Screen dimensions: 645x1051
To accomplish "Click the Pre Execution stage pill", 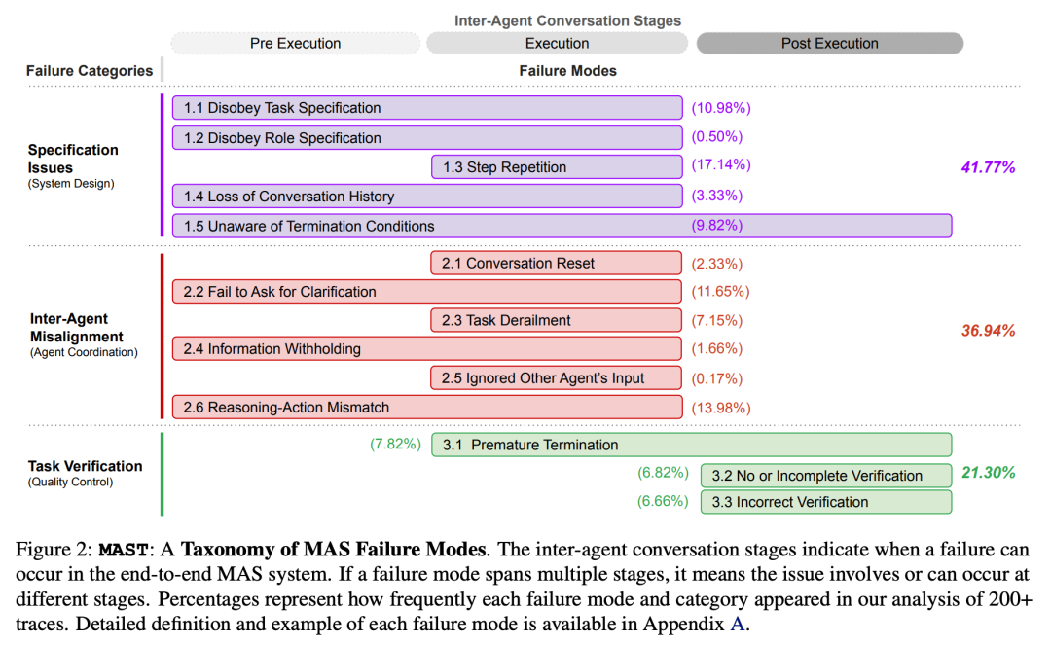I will (x=296, y=43).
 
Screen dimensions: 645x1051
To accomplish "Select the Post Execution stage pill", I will (x=829, y=43).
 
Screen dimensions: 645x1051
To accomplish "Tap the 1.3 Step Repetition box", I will (x=556, y=167).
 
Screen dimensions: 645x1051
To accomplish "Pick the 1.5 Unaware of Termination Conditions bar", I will (x=562, y=226).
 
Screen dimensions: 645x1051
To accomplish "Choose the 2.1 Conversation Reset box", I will (x=556, y=263).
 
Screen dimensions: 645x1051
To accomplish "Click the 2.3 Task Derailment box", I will (x=556, y=320).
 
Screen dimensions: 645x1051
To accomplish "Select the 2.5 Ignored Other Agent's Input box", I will (x=556, y=378).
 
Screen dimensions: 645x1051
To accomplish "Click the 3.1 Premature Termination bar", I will (x=691, y=445).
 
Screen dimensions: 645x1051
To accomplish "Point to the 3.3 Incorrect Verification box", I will (x=825, y=502).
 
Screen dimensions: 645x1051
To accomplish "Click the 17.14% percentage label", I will (x=721, y=165).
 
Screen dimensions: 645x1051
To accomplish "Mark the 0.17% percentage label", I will (x=716, y=378).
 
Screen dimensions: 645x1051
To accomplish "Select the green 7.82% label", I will (x=395, y=445).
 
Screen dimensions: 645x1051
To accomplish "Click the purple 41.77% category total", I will (x=988, y=167).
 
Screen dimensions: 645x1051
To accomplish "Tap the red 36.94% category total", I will (x=988, y=331).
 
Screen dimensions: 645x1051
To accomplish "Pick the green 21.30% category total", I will (x=988, y=473).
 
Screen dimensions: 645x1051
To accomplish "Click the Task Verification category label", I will (x=85, y=466).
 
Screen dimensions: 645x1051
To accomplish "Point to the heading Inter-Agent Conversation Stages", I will (x=567, y=20).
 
